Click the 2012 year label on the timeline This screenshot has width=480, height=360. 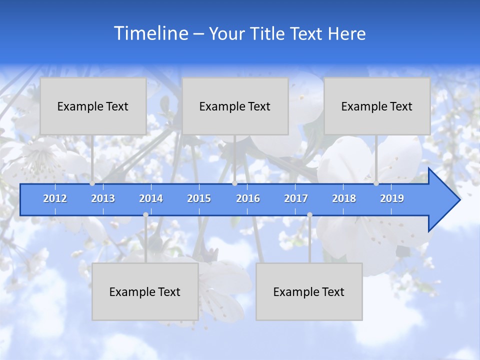pyautogui.click(x=55, y=198)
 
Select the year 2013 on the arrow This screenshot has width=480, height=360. pyautogui.click(x=103, y=198)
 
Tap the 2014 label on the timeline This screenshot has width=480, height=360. pyautogui.click(x=151, y=198)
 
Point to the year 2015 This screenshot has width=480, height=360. pyautogui.click(x=199, y=198)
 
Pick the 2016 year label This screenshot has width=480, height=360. pyautogui.click(x=248, y=198)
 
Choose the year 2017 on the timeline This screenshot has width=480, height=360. pyautogui.click(x=296, y=198)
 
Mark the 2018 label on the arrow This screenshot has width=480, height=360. pyautogui.click(x=344, y=198)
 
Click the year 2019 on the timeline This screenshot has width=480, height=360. pyautogui.click(x=392, y=198)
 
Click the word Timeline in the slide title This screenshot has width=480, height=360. pyautogui.click(x=150, y=33)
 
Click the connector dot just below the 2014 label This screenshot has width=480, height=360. pyautogui.click(x=145, y=214)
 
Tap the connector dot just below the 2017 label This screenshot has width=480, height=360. pyautogui.click(x=309, y=214)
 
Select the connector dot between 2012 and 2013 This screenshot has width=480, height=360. pyautogui.click(x=92, y=183)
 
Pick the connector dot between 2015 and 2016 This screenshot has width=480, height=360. pyautogui.click(x=234, y=183)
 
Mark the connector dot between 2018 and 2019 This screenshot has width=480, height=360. pyautogui.click(x=376, y=183)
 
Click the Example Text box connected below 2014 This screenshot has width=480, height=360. pyautogui.click(x=145, y=291)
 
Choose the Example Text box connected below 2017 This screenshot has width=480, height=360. pyautogui.click(x=309, y=291)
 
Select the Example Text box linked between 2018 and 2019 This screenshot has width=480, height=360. pyautogui.click(x=377, y=106)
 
